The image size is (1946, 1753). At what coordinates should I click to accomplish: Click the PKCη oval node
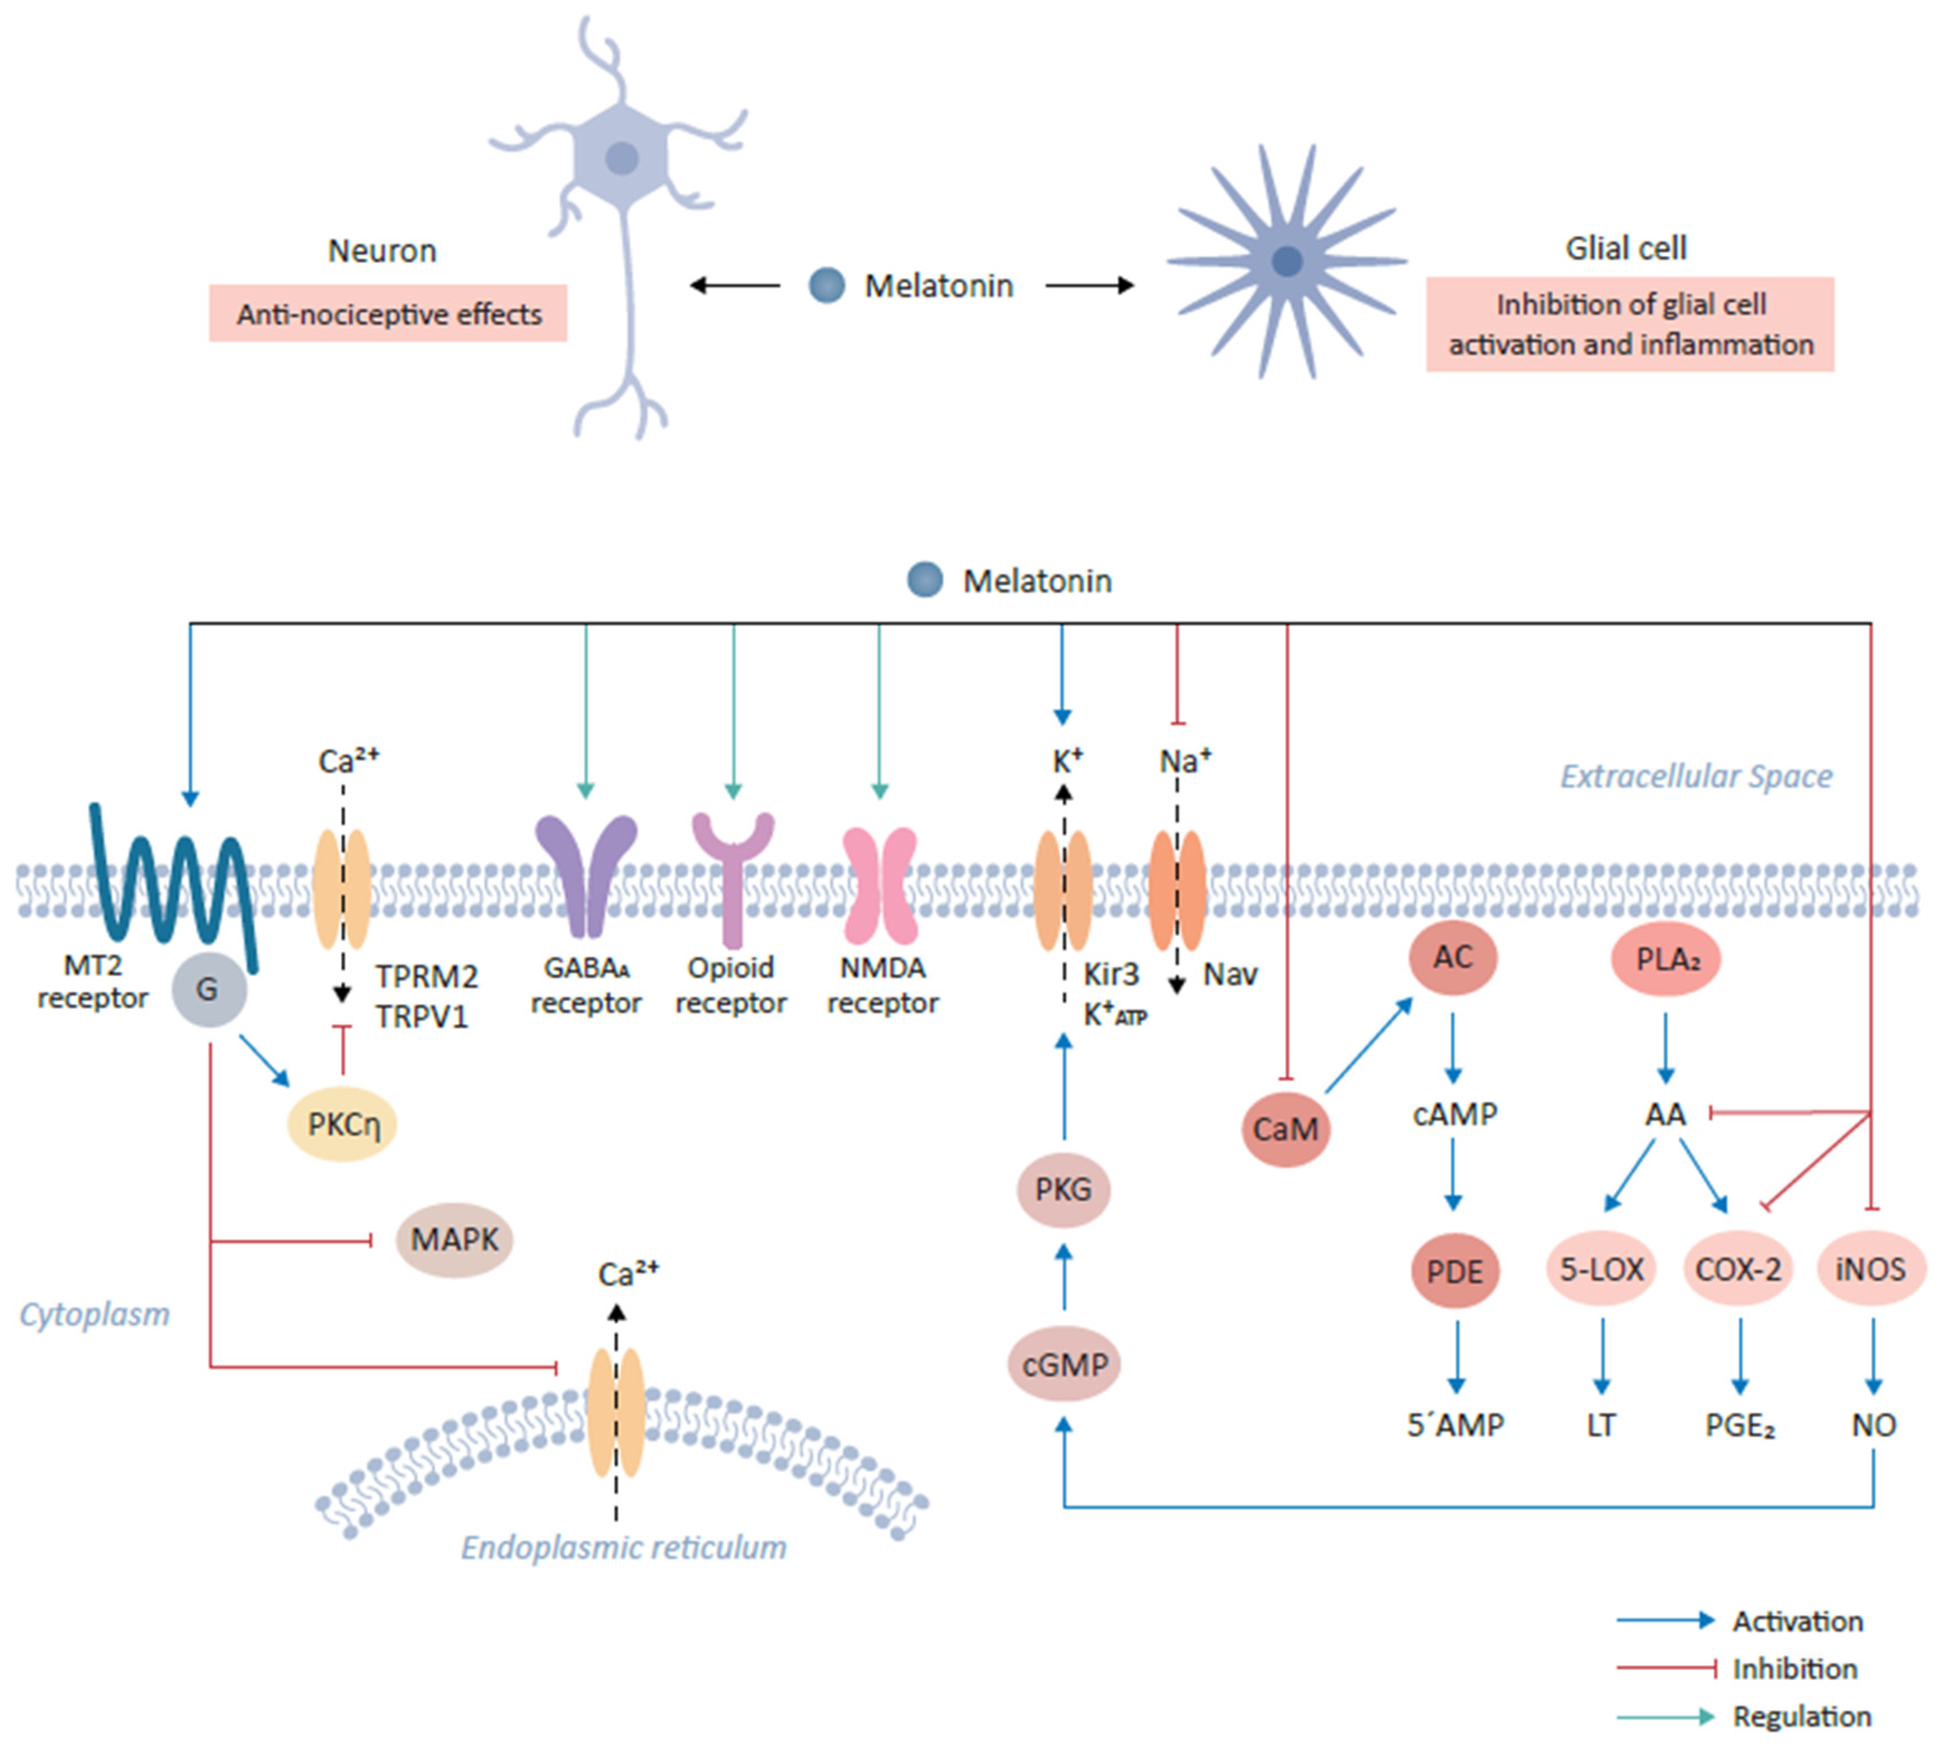(x=342, y=1124)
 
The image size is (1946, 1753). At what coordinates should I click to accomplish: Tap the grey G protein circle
(x=209, y=989)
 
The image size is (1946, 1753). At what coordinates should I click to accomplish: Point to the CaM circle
(x=1285, y=1128)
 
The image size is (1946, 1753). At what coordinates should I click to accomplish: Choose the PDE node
(x=1454, y=1271)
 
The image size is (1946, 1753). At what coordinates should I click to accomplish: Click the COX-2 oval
(x=1738, y=1269)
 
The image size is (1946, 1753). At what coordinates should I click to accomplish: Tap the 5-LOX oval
(x=1601, y=1269)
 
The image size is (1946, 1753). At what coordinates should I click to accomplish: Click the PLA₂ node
(x=1666, y=959)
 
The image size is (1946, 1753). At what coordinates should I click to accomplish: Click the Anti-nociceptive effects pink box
(x=388, y=314)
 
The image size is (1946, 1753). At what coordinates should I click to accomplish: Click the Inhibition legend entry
(x=1794, y=1668)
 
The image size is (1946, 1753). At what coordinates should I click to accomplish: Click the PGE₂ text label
(x=1739, y=1424)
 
